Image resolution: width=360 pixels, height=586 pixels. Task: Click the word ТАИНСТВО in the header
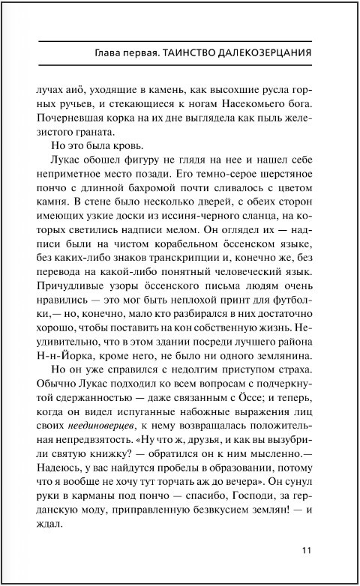tap(184, 53)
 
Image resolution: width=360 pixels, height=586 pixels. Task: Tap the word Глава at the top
tap(102, 53)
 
